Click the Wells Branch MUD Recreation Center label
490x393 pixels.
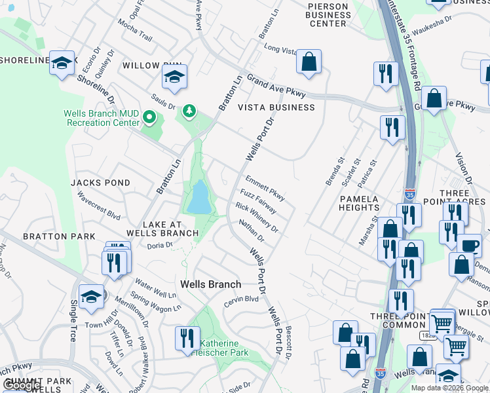(102, 118)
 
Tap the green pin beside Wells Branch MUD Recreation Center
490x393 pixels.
(149, 118)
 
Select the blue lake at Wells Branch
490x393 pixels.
(198, 197)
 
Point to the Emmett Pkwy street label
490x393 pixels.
(265, 187)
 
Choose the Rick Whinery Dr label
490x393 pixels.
(257, 218)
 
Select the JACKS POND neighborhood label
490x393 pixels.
(101, 183)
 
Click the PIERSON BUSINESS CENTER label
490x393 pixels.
(328, 14)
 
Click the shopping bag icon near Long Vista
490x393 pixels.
(308, 62)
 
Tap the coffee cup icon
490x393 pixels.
(469, 245)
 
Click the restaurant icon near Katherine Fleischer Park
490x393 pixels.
(187, 338)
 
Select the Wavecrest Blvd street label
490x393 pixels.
(99, 205)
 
